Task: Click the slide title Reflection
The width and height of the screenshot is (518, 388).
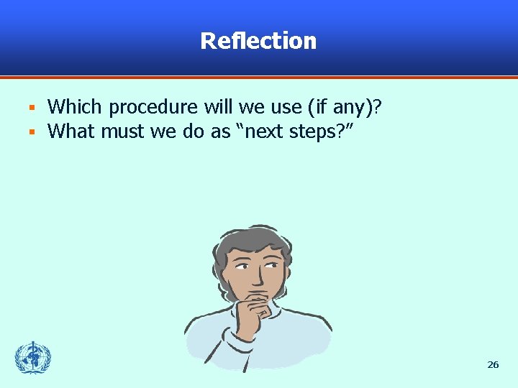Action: [258, 41]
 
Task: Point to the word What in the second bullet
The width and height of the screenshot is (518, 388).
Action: [71, 131]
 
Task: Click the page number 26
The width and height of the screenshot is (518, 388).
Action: [493, 365]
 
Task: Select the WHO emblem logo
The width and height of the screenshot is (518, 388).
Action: [33, 357]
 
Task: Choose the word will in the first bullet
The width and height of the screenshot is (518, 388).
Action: [217, 108]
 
